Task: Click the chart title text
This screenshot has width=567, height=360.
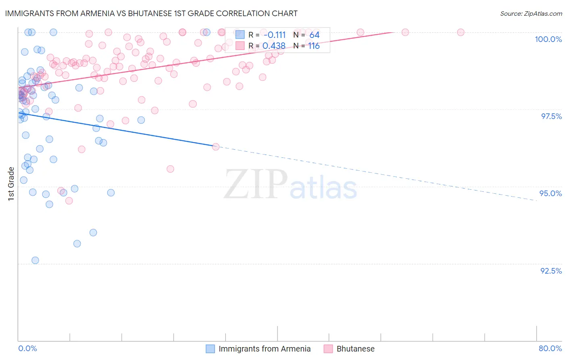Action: (x=151, y=13)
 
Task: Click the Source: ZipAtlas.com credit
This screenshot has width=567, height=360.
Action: (x=531, y=13)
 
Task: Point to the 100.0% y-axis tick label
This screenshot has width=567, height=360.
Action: (x=548, y=39)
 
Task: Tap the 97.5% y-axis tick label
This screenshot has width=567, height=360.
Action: (x=551, y=116)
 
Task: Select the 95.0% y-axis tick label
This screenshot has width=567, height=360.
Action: (x=550, y=193)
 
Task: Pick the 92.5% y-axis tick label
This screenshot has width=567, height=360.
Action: (x=551, y=271)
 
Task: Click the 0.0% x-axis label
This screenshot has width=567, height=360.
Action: (x=27, y=348)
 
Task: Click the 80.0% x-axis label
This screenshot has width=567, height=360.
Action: (x=550, y=348)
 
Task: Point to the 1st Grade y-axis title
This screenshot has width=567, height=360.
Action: (x=11, y=184)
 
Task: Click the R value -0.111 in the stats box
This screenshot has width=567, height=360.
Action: (x=274, y=35)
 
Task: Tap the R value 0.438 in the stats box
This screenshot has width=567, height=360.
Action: (x=274, y=46)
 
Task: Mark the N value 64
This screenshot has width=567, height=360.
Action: (x=314, y=35)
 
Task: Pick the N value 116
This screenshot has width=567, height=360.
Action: (x=314, y=46)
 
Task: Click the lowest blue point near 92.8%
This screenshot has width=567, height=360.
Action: (x=35, y=260)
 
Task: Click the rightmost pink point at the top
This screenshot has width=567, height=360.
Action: (x=461, y=32)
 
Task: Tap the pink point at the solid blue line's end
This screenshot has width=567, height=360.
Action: (x=216, y=147)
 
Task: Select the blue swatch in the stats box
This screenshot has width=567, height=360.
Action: (x=240, y=35)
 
